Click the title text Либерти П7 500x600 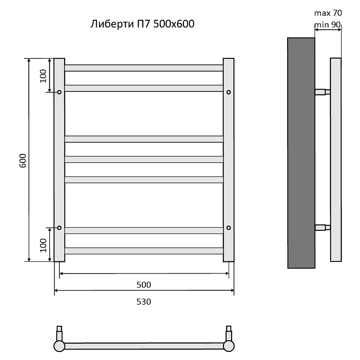(x=142, y=24)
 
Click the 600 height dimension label (x=23, y=161)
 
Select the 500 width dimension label (x=144, y=285)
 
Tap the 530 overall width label (x=144, y=301)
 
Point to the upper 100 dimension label (x=43, y=76)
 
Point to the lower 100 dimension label (x=43, y=245)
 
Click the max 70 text (x=328, y=13)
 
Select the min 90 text (x=328, y=25)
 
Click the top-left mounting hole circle (x=59, y=92)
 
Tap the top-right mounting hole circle (x=229, y=92)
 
